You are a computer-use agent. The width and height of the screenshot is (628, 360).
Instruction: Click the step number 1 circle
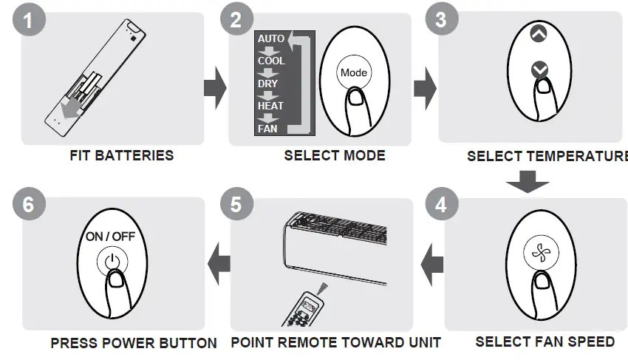coord(28,20)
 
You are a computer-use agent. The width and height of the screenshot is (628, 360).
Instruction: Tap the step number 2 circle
coord(236,20)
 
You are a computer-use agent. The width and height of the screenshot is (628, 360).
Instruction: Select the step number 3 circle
coord(441,20)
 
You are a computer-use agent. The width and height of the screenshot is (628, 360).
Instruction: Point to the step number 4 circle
coord(441,204)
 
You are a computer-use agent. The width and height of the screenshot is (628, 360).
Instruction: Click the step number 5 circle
coord(236,204)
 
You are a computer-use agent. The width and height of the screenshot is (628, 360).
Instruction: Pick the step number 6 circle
coord(28,204)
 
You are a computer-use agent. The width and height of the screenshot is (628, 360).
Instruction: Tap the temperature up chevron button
coord(539,34)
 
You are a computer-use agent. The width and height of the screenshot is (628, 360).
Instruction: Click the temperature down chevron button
coord(539,69)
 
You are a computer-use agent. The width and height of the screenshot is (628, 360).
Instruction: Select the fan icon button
coord(540,252)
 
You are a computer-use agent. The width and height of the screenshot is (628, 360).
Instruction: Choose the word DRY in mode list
coord(267,84)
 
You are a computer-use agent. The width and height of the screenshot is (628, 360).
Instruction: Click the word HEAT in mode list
coord(270,106)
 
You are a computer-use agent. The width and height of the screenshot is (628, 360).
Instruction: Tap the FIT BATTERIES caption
coord(122,155)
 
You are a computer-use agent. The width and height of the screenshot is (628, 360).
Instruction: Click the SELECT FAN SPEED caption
coord(545,342)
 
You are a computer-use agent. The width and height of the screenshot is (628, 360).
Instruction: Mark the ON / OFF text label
coord(110,237)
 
